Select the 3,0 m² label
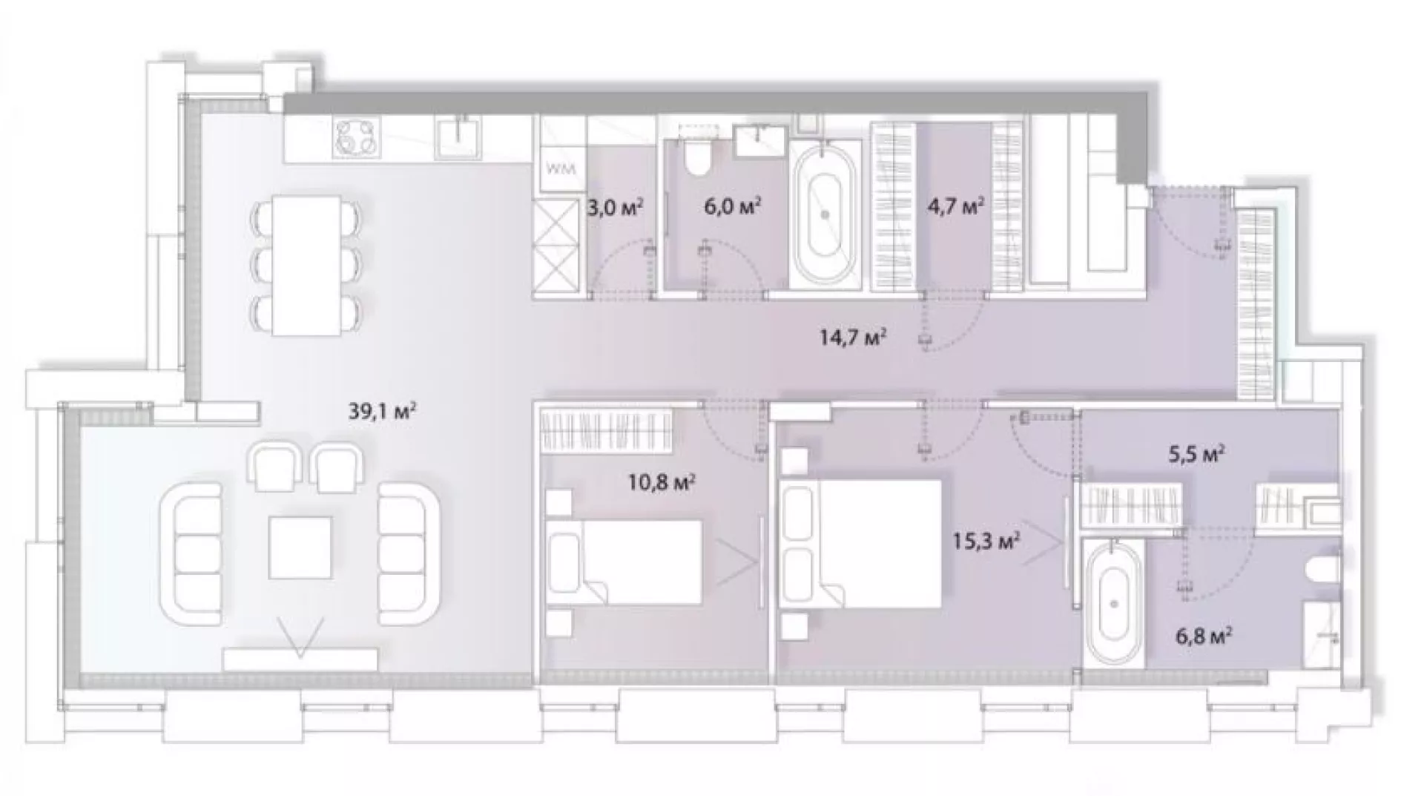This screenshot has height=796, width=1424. pos(615,206)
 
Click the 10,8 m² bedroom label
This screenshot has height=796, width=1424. pos(661,484)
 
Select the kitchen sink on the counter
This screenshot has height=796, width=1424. pos(460,137)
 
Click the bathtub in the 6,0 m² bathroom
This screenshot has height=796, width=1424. pos(825,214)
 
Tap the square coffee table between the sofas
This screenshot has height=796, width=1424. pos(300,547)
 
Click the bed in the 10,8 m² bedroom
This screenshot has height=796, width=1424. pos(624,562)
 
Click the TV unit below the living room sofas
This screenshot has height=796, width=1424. pos(300,660)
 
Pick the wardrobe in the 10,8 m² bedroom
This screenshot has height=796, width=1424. pos(607,430)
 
